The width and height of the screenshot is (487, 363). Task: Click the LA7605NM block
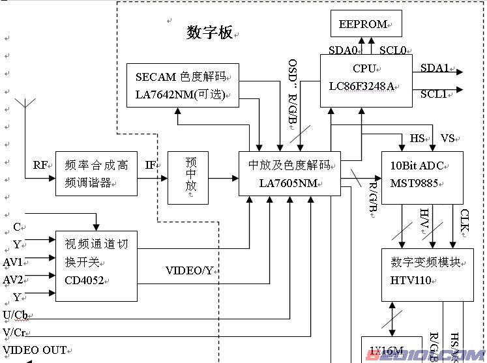(289, 173)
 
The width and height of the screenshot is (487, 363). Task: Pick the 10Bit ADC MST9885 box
(422, 177)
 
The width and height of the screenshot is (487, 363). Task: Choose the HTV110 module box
(427, 274)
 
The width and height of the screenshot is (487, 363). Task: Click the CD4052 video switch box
(96, 265)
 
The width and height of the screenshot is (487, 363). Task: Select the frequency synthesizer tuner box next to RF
(96, 173)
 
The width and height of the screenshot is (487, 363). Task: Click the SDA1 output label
(434, 68)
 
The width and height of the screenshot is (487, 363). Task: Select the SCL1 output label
(434, 94)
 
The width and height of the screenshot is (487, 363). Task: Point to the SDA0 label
(343, 50)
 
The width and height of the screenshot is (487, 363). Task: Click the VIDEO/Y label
(189, 270)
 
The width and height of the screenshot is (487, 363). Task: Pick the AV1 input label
(13, 262)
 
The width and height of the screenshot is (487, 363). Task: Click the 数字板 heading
(209, 33)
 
